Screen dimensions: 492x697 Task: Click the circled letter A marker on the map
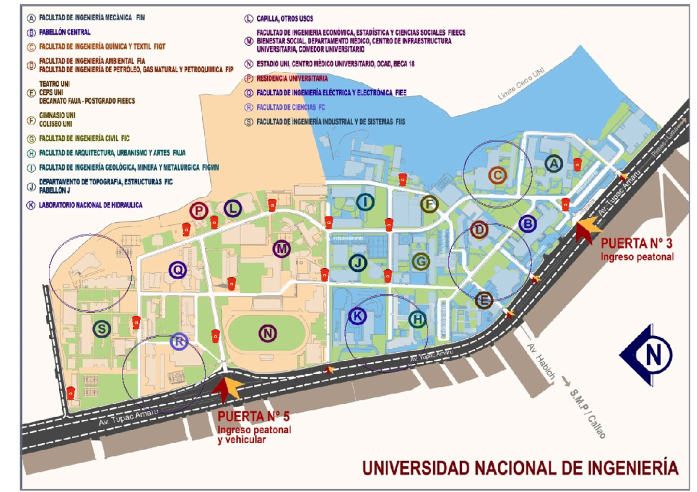[x=554, y=164]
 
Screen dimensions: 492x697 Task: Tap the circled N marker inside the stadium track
[x=268, y=334]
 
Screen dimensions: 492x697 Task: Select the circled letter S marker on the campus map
[x=102, y=329]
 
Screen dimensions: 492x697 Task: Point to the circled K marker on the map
[x=357, y=316]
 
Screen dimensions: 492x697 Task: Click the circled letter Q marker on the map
[x=178, y=269]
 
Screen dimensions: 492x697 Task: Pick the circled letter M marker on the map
[x=282, y=249]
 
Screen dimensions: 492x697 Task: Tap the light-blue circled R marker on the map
[x=179, y=342]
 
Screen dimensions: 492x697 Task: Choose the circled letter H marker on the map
[x=417, y=319]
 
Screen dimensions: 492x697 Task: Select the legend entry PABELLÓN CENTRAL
[x=64, y=32]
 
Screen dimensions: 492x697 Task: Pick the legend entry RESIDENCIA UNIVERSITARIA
[x=292, y=78]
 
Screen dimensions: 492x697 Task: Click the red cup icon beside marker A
[x=577, y=164]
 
